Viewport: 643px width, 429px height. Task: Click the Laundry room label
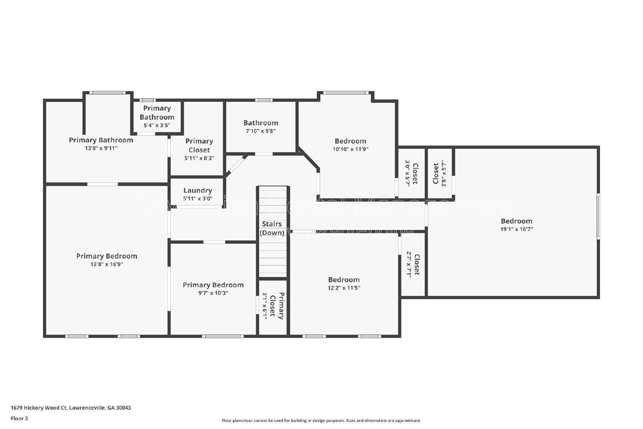click(197, 191)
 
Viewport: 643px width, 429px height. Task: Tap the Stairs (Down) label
click(272, 228)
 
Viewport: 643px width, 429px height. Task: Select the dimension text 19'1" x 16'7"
click(516, 229)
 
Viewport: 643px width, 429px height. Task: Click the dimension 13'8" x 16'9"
click(106, 264)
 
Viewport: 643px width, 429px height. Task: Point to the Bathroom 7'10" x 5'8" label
click(260, 123)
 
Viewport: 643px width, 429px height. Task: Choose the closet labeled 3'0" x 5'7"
click(411, 173)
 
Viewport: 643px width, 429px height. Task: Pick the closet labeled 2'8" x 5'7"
click(439, 173)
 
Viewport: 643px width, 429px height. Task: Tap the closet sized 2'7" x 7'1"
click(413, 264)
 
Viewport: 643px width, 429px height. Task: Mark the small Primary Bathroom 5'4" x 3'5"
click(157, 117)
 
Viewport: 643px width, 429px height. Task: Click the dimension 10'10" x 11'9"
click(350, 149)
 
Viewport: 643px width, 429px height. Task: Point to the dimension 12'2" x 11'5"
click(344, 288)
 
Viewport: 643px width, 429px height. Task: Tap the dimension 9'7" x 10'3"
click(213, 293)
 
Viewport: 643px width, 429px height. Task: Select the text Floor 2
click(19, 418)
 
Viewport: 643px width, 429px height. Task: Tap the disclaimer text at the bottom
click(321, 421)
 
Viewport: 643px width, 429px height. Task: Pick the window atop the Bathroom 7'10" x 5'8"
click(264, 100)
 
